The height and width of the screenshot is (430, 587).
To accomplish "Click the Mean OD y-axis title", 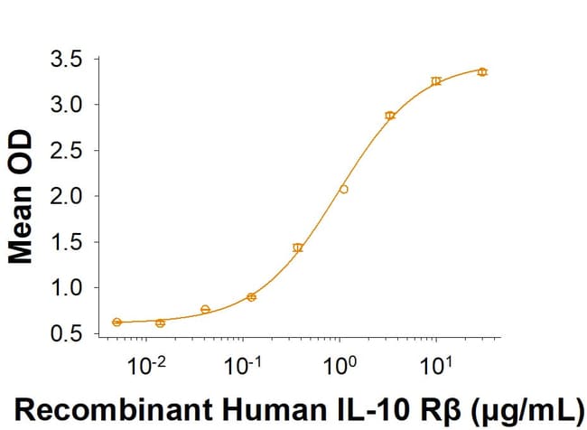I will click(x=21, y=197).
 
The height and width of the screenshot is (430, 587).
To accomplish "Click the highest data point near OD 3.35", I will click(x=482, y=71).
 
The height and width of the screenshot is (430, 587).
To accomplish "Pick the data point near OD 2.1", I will click(x=343, y=189).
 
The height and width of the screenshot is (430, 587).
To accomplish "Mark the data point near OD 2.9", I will click(x=390, y=116).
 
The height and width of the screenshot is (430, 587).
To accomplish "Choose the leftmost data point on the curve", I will click(x=116, y=322).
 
